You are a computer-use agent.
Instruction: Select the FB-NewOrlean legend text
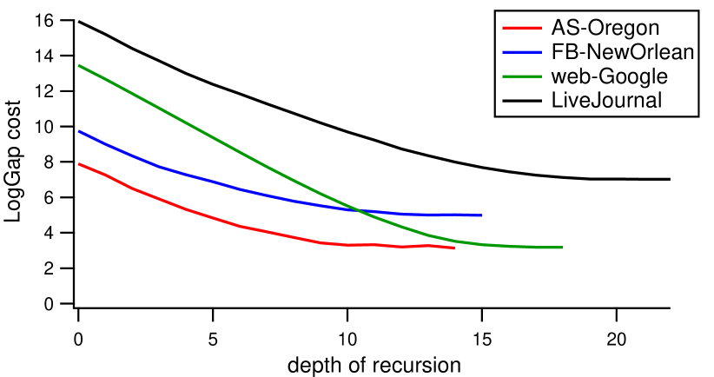(622, 52)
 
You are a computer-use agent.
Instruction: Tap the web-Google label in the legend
(610, 76)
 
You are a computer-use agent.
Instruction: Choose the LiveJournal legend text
(607, 100)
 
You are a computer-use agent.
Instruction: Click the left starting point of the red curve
(79, 163)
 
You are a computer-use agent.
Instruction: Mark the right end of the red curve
(454, 248)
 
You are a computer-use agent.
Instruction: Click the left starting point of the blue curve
(79, 131)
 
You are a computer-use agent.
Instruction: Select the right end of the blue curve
(481, 215)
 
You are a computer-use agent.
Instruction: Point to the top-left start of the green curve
(79, 65)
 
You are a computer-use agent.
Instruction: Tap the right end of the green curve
(562, 248)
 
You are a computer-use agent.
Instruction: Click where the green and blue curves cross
(359, 209)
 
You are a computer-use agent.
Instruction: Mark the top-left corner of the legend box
(493, 10)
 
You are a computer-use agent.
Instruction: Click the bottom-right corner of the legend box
(700, 118)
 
